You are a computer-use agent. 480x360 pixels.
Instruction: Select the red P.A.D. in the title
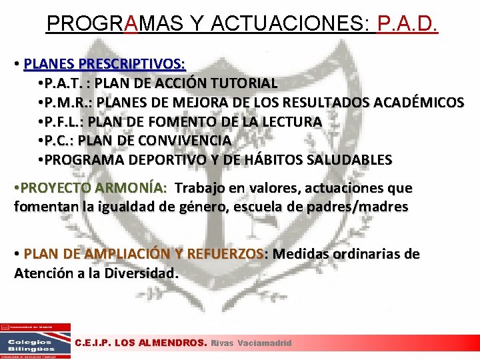click(x=407, y=24)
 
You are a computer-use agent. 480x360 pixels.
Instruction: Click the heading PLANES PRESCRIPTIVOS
click(x=105, y=64)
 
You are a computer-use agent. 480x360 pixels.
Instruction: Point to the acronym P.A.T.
click(x=63, y=83)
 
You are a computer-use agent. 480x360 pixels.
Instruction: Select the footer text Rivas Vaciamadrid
click(x=251, y=343)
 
